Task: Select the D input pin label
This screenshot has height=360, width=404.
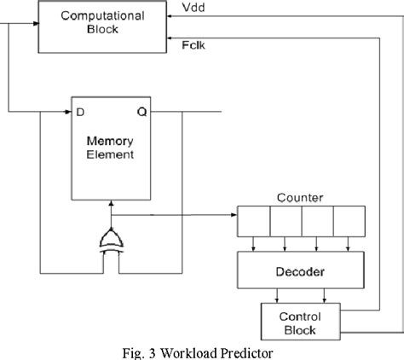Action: pyautogui.click(x=82, y=111)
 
